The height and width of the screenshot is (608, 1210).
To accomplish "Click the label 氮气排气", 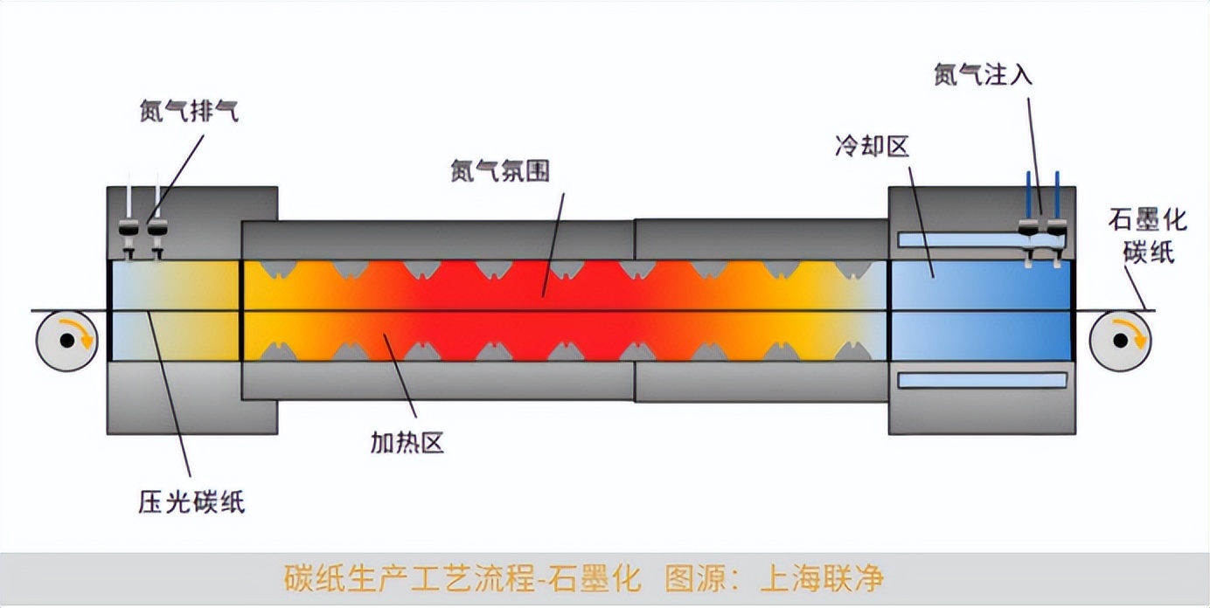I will point(188,112).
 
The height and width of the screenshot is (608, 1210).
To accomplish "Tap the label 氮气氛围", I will point(500,171).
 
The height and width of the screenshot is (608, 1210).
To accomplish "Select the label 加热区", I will point(407,444).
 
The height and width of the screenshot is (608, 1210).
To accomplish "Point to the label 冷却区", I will point(872,146).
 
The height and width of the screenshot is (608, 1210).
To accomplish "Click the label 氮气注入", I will point(983,75).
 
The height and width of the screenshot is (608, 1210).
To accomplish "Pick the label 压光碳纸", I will point(191,502).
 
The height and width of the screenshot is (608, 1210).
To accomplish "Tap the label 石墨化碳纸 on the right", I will point(1147,235).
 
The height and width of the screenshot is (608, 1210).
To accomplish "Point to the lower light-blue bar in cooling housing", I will point(982,381).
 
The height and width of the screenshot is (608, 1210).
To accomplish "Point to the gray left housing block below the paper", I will point(174,397).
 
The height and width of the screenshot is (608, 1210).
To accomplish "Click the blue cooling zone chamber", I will point(979,310).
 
